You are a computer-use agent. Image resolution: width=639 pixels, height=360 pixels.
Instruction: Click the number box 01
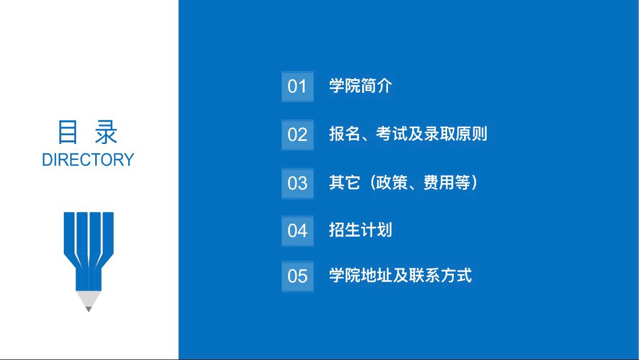tap(297, 86)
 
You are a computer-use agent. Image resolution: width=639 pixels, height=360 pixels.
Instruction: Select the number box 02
tap(297, 135)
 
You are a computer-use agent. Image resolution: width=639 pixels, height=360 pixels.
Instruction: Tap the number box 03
tap(297, 184)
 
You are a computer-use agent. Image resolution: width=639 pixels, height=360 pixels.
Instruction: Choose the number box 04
tap(297, 231)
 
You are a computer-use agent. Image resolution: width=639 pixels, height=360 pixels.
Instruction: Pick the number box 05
tap(297, 276)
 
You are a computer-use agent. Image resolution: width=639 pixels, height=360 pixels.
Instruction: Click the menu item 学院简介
tap(361, 85)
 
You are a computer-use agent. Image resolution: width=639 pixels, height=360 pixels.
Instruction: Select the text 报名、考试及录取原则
tap(408, 134)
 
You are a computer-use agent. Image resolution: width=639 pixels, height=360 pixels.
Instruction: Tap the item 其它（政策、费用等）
tap(403, 183)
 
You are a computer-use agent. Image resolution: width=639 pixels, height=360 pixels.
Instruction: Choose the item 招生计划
tap(361, 230)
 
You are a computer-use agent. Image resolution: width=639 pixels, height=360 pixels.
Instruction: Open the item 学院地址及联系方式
tap(400, 275)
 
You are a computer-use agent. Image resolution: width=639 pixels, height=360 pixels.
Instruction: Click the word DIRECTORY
tap(88, 160)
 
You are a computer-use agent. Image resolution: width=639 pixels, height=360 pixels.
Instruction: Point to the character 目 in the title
tap(67, 132)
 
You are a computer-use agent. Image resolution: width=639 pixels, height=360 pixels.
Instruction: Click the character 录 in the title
tap(106, 132)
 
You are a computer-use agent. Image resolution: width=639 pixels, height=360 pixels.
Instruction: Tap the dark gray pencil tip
tap(88, 309)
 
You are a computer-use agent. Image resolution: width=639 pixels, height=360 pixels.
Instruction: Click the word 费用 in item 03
tap(439, 183)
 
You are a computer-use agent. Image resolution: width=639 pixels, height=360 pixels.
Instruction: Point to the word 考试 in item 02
tap(392, 134)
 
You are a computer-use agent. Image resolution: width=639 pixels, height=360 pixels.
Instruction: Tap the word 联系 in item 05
tap(424, 275)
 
